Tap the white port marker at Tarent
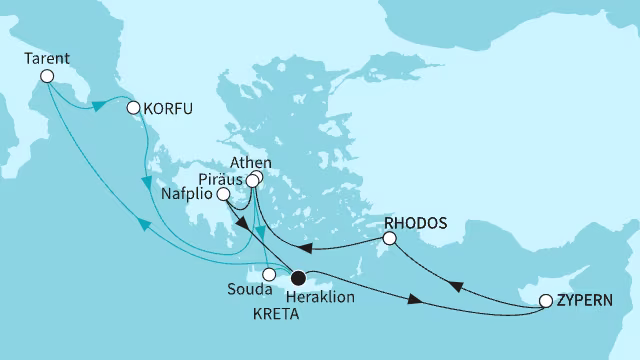(x=46, y=76)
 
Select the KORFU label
(x=168, y=107)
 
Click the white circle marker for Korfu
(x=132, y=107)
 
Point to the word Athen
(x=250, y=161)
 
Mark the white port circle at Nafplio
(x=225, y=195)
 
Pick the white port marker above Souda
(x=268, y=273)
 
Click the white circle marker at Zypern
(x=545, y=300)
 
